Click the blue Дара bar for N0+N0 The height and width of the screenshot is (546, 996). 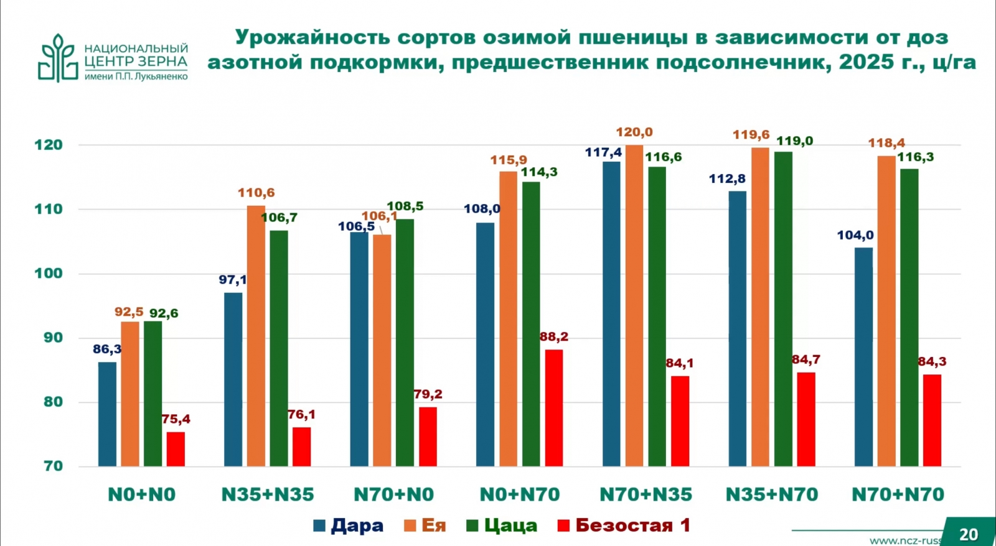[107, 414]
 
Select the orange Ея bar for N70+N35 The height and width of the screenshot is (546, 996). [634, 305]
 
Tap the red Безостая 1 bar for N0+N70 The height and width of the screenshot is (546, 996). [553, 408]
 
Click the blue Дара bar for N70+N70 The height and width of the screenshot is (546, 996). [863, 357]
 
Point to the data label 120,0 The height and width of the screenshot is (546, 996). [634, 132]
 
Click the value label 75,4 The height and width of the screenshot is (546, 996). [176, 420]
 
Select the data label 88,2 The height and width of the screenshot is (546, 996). [553, 337]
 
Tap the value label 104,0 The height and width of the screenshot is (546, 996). [855, 236]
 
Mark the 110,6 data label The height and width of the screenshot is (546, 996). [256, 193]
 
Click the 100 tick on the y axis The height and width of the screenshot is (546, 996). [49, 274]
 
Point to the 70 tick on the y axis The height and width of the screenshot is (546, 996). [53, 466]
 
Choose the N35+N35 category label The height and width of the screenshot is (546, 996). [268, 495]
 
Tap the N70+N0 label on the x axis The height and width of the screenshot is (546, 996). [393, 495]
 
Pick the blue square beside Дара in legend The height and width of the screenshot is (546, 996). [319, 526]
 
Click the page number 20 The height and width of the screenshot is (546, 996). [968, 534]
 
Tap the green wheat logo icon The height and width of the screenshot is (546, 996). [58, 58]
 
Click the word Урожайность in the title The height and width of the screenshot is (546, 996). [312, 37]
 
